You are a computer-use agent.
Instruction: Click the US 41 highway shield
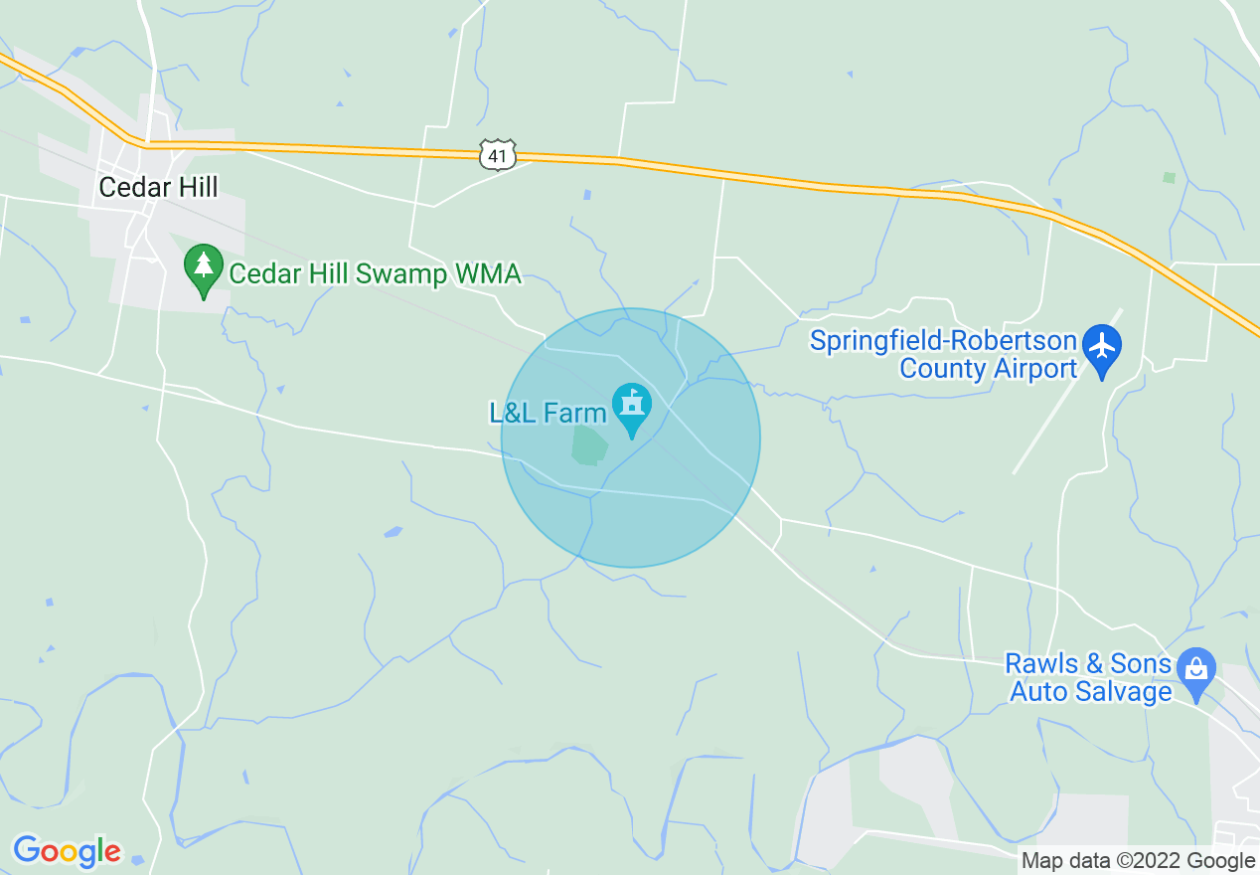tap(498, 155)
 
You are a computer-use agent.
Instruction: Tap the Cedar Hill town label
tap(158, 187)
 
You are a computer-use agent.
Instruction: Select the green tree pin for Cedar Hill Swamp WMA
tap(204, 269)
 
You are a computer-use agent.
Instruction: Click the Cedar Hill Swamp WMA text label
tap(375, 273)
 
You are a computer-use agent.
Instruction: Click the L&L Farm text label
tap(548, 413)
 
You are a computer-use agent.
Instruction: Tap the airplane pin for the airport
tap(1101, 349)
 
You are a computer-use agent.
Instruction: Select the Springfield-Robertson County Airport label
tap(943, 355)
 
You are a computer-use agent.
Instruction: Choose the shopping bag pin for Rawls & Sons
tap(1196, 673)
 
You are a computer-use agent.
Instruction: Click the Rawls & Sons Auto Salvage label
tap(1088, 677)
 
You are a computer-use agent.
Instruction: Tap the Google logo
tap(67, 851)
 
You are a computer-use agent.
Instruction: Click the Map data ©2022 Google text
tap(1139, 861)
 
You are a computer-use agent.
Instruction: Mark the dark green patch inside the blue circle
tap(588, 445)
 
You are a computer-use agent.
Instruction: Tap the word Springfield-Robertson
tap(943, 341)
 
